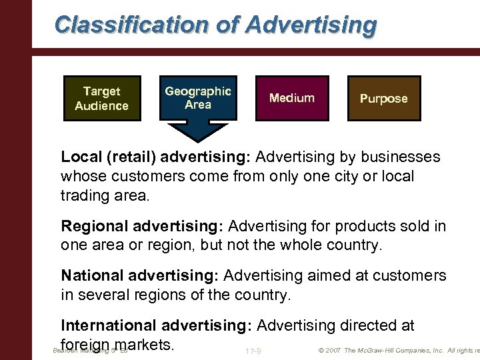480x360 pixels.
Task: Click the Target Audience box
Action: (x=102, y=98)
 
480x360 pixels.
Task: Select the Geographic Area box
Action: (x=197, y=98)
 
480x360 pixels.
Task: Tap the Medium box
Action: (x=291, y=98)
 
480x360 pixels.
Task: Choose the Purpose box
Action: (x=383, y=98)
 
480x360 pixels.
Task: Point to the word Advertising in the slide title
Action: (x=311, y=25)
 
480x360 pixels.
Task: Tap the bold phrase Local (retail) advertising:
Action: (x=156, y=157)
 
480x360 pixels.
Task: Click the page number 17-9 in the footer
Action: (x=253, y=351)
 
